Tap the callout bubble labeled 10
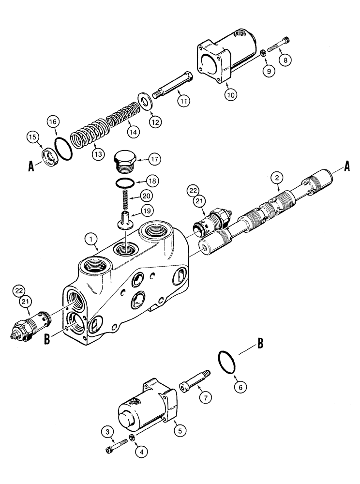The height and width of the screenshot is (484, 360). coord(231,95)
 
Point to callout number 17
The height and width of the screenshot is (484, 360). coord(154,159)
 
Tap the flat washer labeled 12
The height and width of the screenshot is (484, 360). coord(144,102)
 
